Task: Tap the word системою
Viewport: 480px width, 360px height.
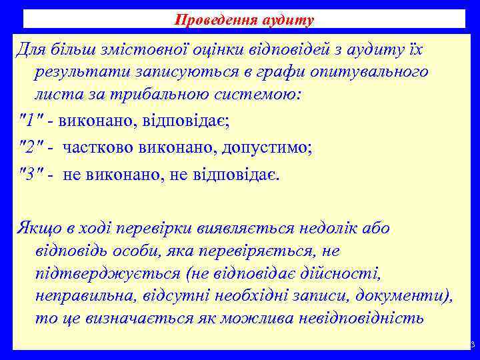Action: coord(264,93)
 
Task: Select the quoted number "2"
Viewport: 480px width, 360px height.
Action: coord(29,148)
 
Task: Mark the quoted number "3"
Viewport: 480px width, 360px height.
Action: coord(29,175)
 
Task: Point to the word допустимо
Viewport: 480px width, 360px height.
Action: coord(263,148)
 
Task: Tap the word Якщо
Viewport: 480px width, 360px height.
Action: coord(39,229)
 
